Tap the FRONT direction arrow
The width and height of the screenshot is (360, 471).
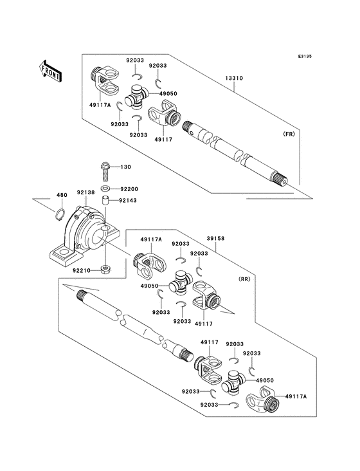(x=50, y=69)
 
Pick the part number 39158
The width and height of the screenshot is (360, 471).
(x=215, y=237)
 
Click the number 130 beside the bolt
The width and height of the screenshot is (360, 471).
(x=126, y=167)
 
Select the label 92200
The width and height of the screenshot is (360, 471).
(x=129, y=189)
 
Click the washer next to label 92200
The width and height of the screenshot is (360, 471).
(x=107, y=189)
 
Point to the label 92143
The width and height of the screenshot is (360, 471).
(x=129, y=201)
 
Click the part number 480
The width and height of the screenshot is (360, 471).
(x=62, y=196)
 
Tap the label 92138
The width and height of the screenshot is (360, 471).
(x=86, y=192)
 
